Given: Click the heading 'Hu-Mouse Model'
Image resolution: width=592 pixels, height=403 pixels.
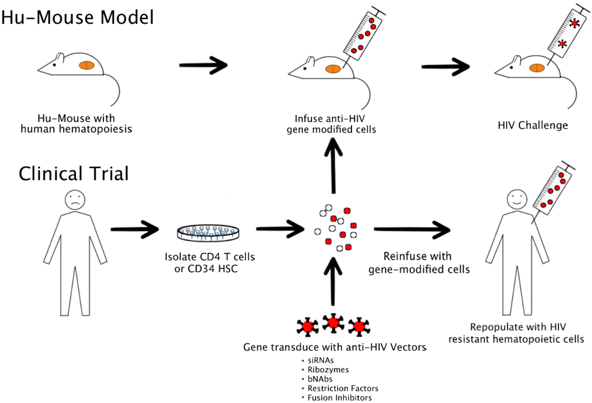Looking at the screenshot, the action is tap(77, 17).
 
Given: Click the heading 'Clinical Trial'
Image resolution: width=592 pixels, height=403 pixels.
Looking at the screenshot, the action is tap(73, 174).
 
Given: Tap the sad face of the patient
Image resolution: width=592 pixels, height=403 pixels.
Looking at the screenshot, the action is tap(75, 200).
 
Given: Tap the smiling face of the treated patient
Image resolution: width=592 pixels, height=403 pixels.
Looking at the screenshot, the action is tap(517, 199).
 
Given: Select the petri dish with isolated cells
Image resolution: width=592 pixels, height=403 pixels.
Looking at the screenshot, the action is tap(208, 233).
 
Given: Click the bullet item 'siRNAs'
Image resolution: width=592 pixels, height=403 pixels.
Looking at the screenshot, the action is tap(320, 360).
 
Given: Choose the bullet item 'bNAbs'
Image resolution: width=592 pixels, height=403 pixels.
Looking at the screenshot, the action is tap(320, 379).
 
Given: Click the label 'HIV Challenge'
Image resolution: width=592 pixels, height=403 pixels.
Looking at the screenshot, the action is tap(532, 125).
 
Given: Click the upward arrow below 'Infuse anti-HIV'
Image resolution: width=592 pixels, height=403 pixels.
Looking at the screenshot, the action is tap(334, 165).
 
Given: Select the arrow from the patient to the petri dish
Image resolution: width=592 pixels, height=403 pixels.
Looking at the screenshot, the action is tap(135, 229).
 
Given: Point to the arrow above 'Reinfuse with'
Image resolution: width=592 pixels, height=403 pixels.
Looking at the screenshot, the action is tap(412, 229).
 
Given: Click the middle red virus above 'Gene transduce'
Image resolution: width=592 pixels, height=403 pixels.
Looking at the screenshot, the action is tap(333, 323).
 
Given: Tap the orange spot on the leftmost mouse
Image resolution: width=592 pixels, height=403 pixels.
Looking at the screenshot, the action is tap(87, 65).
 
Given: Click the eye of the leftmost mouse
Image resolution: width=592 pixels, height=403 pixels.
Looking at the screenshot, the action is tap(54, 65).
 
